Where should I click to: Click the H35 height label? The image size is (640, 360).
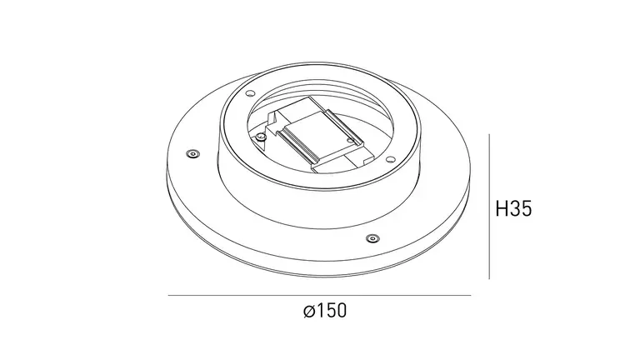(x=513, y=208)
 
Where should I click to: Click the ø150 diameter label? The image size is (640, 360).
(x=325, y=311)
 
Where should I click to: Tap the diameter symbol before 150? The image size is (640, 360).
(x=309, y=311)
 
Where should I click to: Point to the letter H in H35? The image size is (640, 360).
(x=501, y=208)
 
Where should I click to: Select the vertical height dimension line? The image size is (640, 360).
(x=489, y=207)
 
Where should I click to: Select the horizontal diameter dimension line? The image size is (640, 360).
(x=320, y=295)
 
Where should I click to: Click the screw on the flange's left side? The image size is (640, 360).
(x=192, y=154)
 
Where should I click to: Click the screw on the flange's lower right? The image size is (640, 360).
(x=372, y=238)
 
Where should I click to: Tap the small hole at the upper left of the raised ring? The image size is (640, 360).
(x=250, y=93)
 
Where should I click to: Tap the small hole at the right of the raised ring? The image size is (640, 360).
(x=390, y=159)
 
